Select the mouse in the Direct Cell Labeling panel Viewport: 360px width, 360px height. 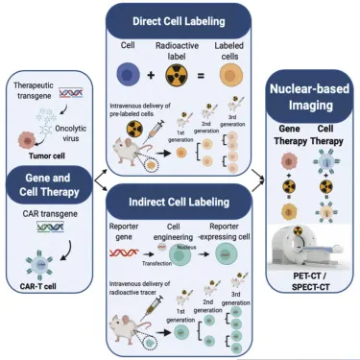[134, 148]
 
